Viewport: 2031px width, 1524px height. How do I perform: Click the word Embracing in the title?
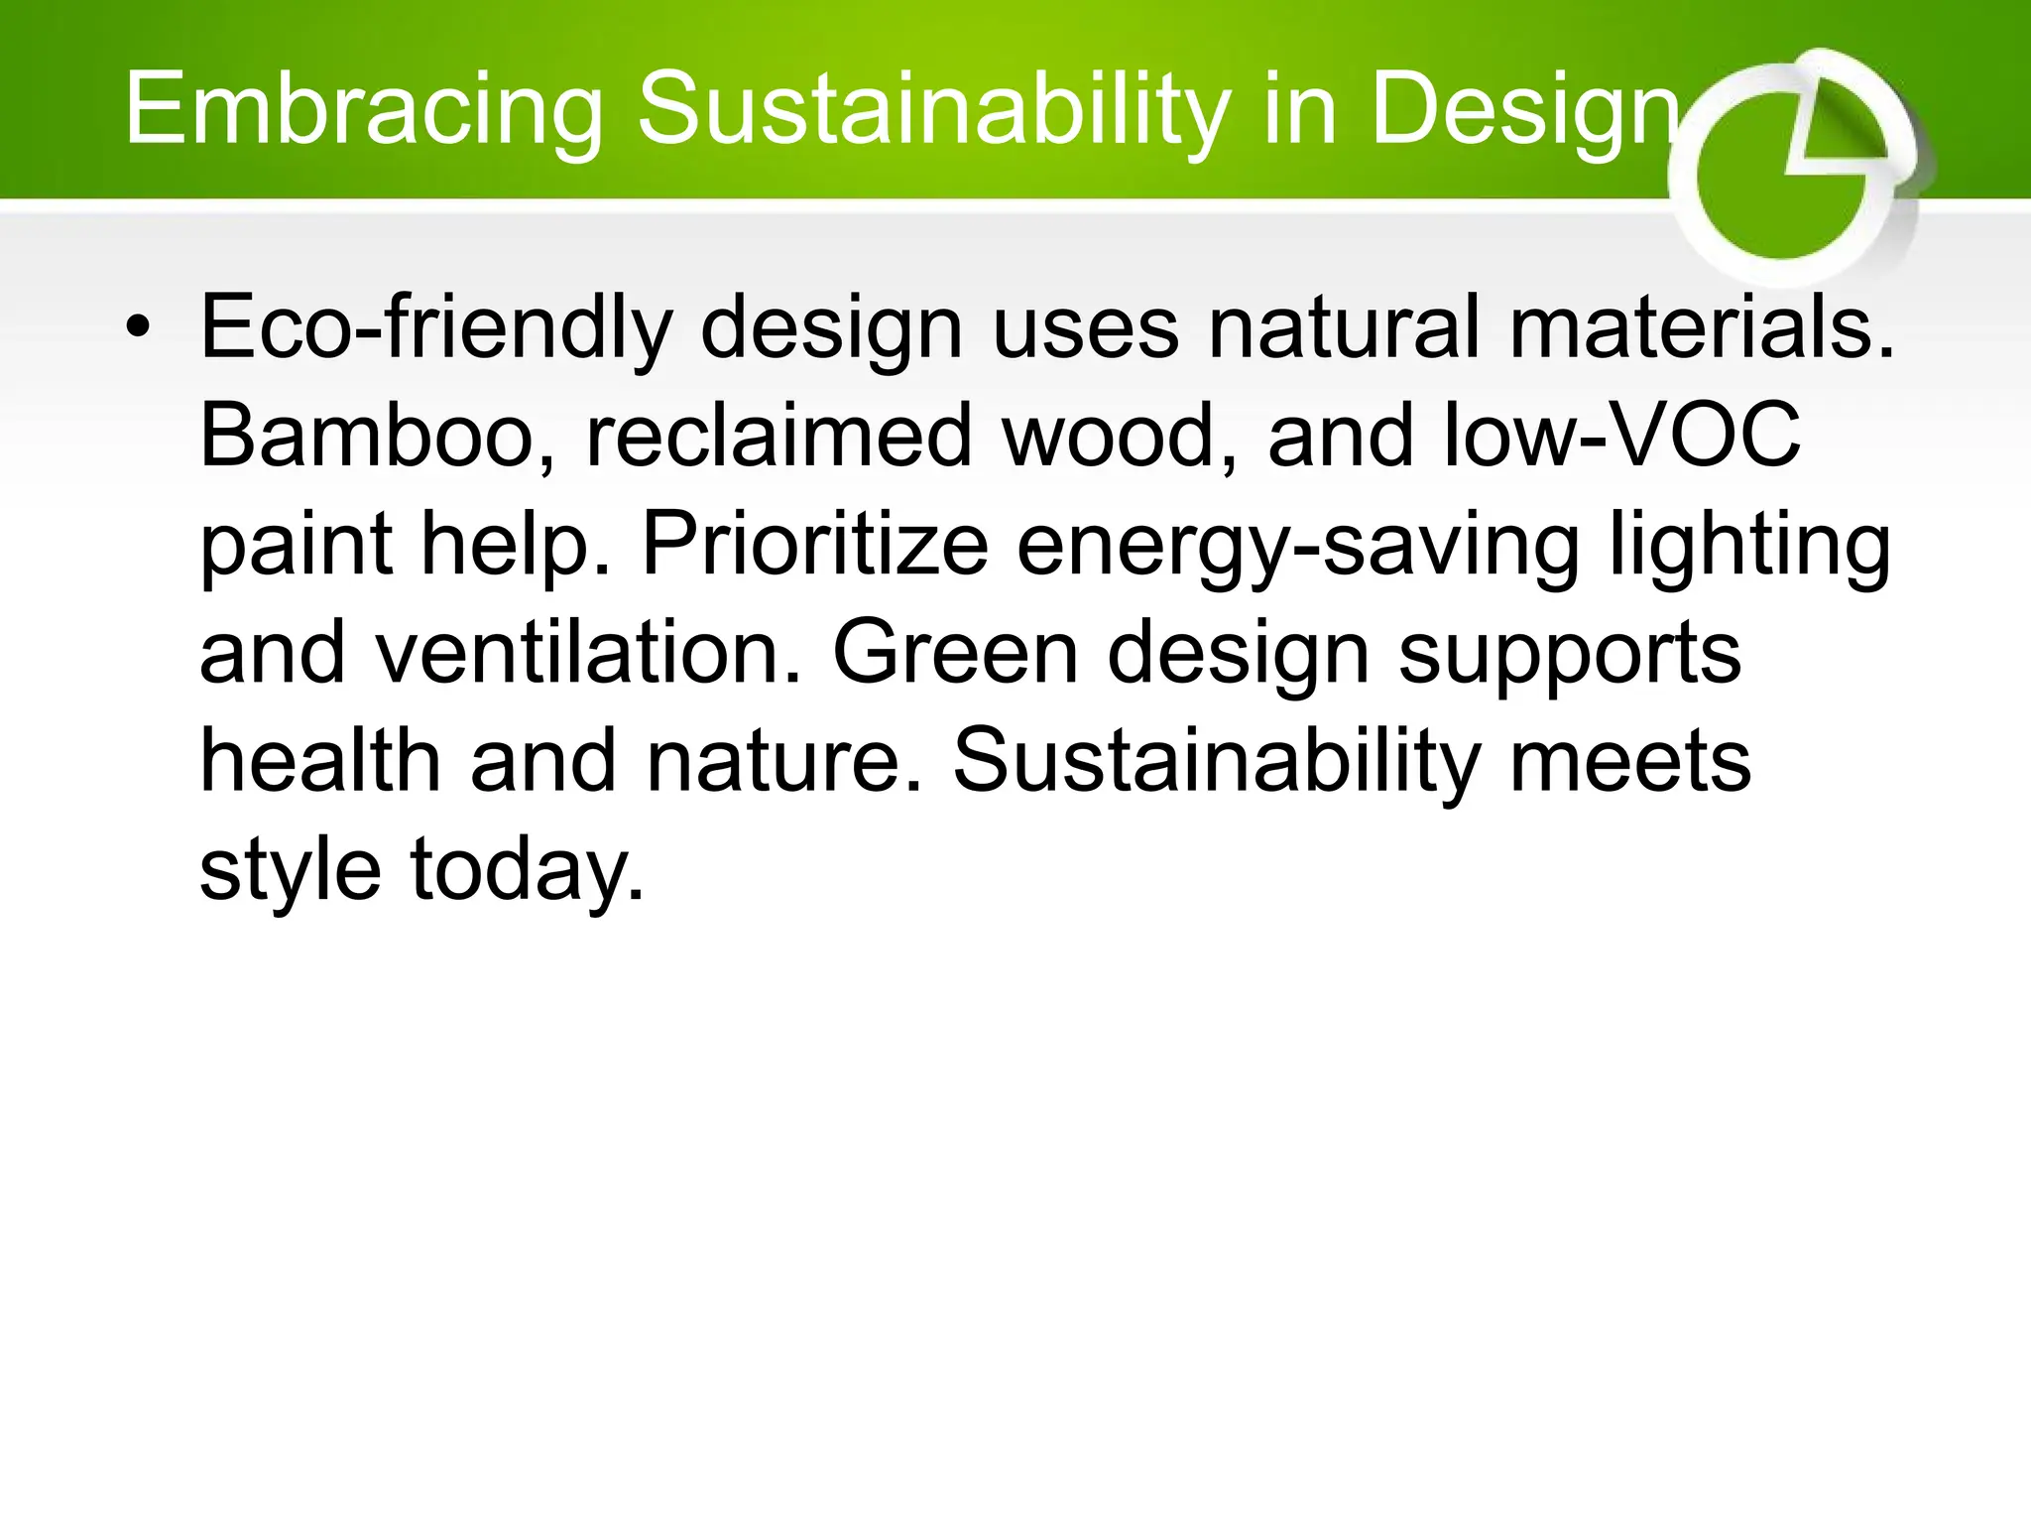tap(363, 109)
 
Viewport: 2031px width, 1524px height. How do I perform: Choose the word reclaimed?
tap(779, 436)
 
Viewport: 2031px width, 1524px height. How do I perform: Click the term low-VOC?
tap(1621, 436)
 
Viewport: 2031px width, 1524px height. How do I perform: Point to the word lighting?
tap(1749, 545)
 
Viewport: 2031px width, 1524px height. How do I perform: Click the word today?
tap(527, 869)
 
